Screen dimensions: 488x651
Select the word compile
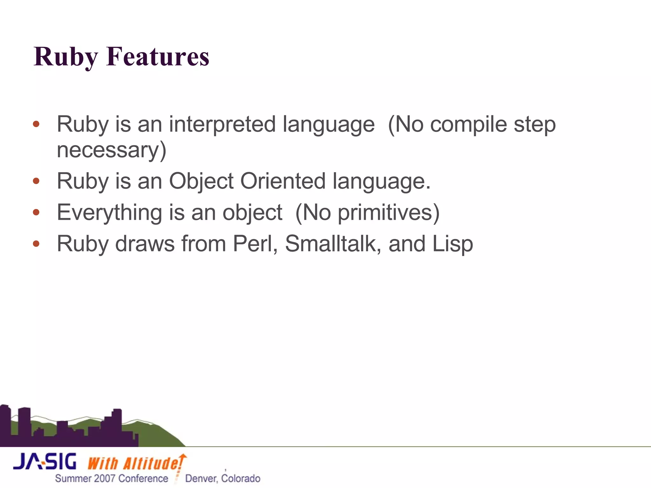click(x=468, y=124)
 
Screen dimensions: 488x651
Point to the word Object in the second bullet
click(x=201, y=181)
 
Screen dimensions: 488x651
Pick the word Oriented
click(x=283, y=181)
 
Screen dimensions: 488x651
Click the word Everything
click(x=109, y=212)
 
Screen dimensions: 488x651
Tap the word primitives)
click(x=389, y=212)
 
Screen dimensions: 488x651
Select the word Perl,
click(x=255, y=244)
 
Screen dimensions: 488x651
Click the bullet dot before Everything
click(x=36, y=212)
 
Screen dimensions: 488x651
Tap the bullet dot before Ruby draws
click(x=36, y=244)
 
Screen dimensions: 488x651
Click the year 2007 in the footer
click(x=105, y=478)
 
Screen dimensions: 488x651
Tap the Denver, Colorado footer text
click(x=223, y=478)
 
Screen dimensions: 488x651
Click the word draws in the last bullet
click(x=145, y=244)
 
